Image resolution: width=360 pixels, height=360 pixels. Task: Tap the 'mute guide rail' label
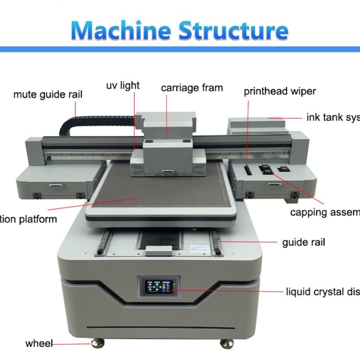[x=47, y=94]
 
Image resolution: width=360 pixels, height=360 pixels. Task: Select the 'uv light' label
[x=123, y=85]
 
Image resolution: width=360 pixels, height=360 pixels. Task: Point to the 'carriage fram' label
[x=192, y=88]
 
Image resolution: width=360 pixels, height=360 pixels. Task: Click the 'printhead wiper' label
[x=280, y=91]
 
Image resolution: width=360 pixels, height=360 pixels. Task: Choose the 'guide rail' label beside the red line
[x=304, y=242]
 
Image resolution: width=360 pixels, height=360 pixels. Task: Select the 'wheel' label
[x=39, y=343]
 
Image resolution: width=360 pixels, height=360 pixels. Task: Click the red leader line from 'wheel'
[x=71, y=343]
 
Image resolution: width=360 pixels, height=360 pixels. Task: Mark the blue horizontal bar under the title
[x=180, y=49]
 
